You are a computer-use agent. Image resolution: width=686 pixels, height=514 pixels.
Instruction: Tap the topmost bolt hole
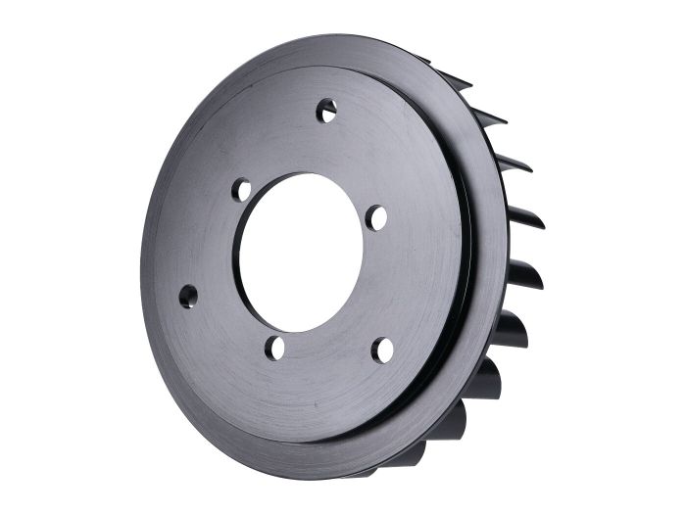tap(326, 110)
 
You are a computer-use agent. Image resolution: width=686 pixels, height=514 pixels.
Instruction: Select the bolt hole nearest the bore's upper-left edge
tap(241, 190)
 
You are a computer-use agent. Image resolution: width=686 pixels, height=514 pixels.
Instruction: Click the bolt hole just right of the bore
tap(375, 217)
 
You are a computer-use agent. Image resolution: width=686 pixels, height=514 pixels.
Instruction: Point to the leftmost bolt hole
tap(187, 295)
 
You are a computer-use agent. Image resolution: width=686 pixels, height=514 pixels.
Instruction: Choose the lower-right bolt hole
tap(382, 350)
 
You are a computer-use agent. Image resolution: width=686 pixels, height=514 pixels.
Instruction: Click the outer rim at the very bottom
tap(323, 471)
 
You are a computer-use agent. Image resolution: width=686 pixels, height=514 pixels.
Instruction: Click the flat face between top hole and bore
tap(314, 147)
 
